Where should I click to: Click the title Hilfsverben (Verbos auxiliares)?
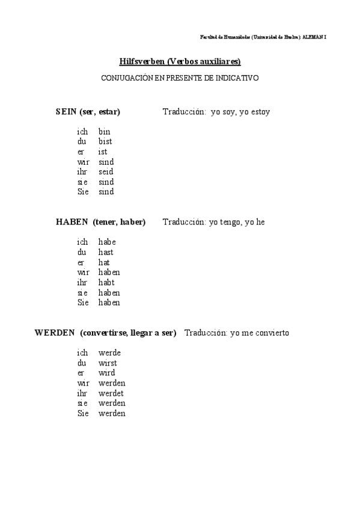[x=180, y=62]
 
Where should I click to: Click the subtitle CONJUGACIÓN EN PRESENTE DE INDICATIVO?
[x=180, y=78]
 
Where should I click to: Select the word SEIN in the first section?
[x=66, y=112]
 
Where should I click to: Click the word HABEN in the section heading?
[x=72, y=222]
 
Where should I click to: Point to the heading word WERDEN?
[x=54, y=333]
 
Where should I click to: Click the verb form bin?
[x=105, y=132]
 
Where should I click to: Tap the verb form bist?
[x=106, y=142]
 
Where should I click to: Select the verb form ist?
[x=103, y=152]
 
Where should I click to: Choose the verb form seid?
[x=106, y=172]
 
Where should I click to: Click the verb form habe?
[x=107, y=242]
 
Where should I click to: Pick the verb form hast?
[x=106, y=253]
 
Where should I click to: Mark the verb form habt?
[x=106, y=283]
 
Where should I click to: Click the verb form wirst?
[x=108, y=363]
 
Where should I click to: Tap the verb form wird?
[x=106, y=373]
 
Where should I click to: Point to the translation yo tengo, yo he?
[x=237, y=222]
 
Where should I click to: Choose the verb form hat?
[x=104, y=263]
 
